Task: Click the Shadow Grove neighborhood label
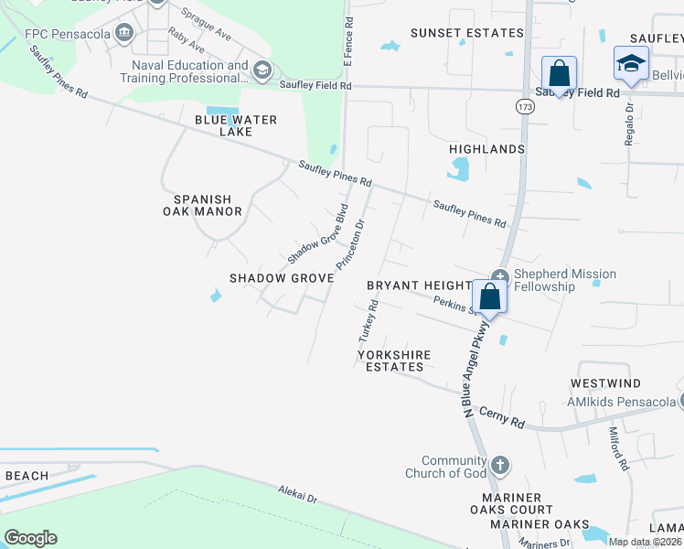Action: (x=280, y=277)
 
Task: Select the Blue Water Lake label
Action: (x=235, y=125)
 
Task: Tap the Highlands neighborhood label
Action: (x=486, y=148)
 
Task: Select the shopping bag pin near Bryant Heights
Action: (x=489, y=296)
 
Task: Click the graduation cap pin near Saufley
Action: (x=631, y=62)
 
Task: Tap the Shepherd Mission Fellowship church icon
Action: (x=499, y=276)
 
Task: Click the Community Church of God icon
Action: (x=499, y=465)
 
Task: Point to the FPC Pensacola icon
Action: (x=124, y=35)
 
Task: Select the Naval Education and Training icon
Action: (x=262, y=71)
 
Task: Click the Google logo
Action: (x=30, y=537)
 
